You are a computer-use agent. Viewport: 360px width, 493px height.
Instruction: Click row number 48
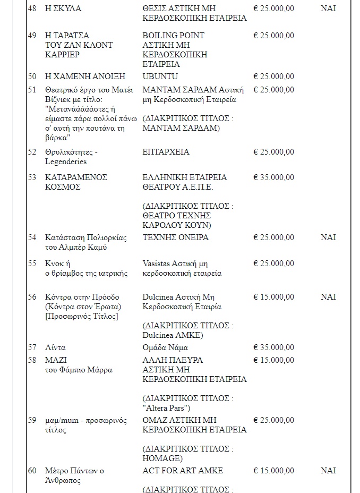32,8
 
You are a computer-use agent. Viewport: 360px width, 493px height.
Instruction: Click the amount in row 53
273,177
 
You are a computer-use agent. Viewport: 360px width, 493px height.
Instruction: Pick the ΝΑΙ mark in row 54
328,237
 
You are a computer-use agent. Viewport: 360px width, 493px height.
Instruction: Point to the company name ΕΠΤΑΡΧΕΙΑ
166,152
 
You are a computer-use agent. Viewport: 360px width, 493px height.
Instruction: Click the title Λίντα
56,347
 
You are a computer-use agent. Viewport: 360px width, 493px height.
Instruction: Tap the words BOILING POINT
174,35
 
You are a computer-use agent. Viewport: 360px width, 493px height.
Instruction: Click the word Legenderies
66,161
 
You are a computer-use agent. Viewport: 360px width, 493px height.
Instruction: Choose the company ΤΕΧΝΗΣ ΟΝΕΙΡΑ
176,237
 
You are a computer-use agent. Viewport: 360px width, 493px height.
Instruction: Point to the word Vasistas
158,263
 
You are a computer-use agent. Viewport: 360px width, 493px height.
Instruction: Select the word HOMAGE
162,458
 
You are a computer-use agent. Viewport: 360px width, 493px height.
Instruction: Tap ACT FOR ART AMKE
183,471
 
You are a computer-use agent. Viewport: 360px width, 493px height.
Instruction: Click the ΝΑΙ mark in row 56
328,297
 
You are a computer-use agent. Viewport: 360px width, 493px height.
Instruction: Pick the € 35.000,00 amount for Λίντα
273,347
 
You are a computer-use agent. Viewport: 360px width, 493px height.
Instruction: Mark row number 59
32,421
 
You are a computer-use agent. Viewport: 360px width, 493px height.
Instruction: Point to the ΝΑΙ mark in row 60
328,471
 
